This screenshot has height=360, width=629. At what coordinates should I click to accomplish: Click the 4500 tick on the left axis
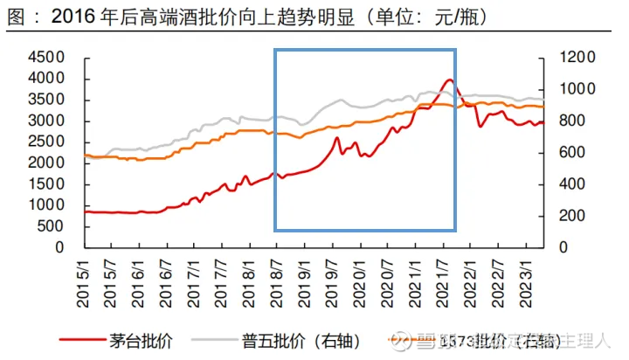point(48,58)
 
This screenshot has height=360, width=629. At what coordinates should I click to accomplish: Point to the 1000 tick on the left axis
point(48,205)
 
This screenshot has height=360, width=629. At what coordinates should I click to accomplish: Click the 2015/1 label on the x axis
point(86,277)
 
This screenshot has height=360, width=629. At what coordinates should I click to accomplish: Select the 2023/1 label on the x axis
point(522,277)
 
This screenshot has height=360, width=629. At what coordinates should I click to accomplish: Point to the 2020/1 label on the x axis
point(359,277)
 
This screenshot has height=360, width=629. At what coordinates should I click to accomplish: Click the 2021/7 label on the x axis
point(440,277)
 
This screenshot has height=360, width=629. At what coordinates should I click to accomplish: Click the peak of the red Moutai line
point(450,80)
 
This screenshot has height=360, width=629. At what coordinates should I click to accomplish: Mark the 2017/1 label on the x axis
point(195,277)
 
